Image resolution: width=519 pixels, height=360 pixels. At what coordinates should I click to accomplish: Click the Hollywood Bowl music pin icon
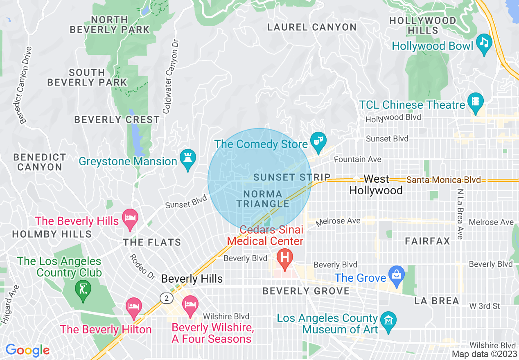[x=484, y=43]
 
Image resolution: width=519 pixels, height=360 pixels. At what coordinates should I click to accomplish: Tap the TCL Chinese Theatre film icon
[x=475, y=101]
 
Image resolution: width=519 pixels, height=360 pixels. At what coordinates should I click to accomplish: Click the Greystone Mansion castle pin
[x=187, y=158]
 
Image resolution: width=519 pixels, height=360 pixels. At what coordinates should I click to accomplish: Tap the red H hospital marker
[x=285, y=258]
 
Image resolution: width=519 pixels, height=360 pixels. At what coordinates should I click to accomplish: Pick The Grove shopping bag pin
[x=396, y=274]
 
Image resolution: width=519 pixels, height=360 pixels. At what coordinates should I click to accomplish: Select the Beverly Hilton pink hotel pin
[x=134, y=307]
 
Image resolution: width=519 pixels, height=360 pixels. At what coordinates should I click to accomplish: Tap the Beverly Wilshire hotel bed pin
[x=190, y=305]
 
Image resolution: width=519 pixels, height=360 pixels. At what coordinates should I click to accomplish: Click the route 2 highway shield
[x=166, y=298]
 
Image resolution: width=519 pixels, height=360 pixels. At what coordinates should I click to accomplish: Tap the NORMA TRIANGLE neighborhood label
[x=263, y=199]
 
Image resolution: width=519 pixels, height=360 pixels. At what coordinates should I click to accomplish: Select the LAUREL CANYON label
[x=311, y=27]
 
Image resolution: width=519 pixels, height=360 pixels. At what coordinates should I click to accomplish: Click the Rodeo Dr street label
[x=142, y=267]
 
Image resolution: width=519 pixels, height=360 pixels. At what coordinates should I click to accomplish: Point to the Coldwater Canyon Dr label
[x=171, y=76]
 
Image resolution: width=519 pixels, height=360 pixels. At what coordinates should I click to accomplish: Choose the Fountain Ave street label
[x=358, y=159]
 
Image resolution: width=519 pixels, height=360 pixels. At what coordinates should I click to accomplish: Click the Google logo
[x=27, y=350]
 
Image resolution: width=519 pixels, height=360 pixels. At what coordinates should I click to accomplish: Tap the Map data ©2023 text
[x=484, y=354]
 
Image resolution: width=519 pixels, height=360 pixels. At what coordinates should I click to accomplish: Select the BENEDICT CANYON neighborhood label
[x=39, y=162]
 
